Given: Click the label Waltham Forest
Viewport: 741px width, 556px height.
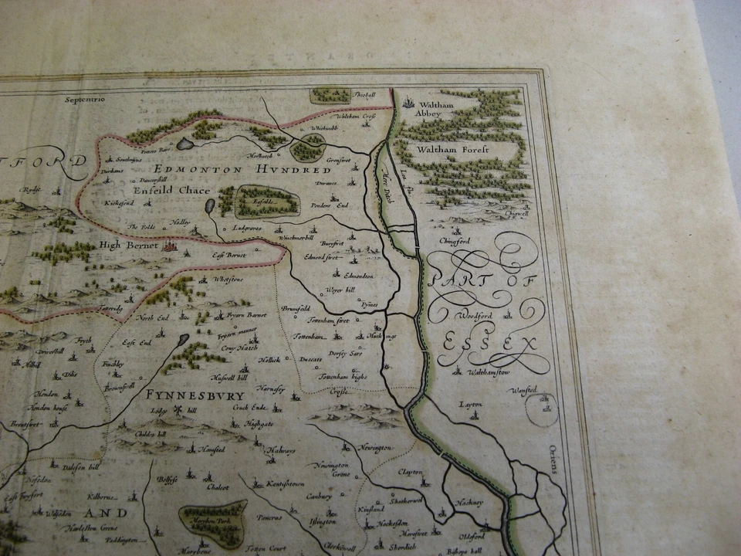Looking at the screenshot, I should (452, 150).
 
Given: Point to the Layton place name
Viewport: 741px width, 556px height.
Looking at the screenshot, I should (469, 404).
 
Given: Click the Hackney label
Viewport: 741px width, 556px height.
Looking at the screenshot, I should (469, 503).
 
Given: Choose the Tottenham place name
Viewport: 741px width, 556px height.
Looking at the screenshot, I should (310, 337).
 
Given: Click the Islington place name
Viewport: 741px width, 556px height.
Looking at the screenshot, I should (323, 522).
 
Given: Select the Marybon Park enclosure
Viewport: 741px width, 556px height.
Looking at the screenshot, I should (213, 520).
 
